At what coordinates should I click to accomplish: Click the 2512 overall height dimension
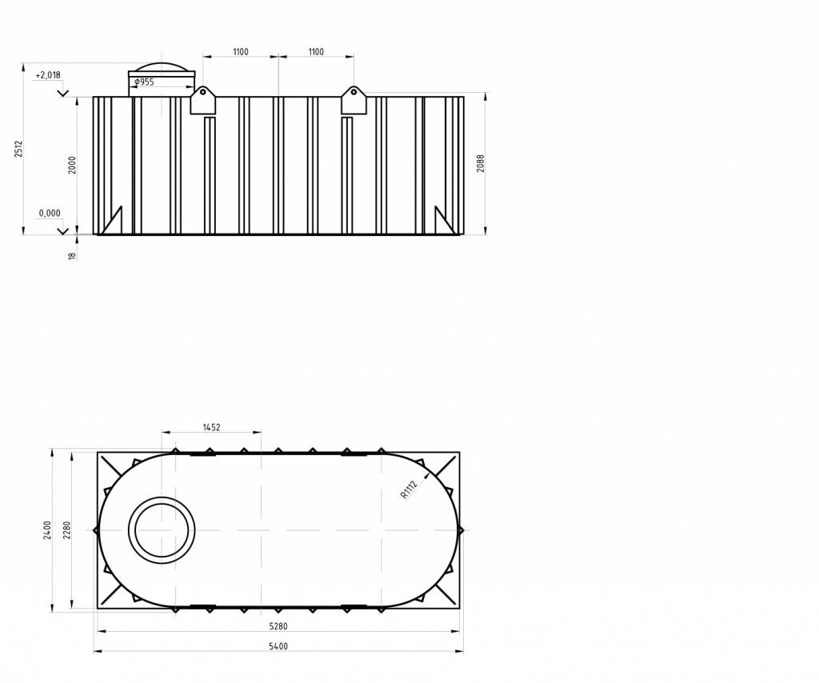coord(19,148)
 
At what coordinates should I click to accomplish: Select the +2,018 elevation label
coord(47,75)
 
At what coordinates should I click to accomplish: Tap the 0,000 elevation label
coord(50,213)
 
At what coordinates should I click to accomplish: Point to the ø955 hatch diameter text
coord(144,82)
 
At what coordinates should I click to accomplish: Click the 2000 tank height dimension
coord(73,165)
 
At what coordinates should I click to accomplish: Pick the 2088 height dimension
coord(481,163)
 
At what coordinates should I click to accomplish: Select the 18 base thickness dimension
coord(72,256)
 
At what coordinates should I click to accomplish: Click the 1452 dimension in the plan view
coord(211,427)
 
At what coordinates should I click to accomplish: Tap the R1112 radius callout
coord(409,489)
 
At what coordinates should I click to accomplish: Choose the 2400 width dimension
coord(47,530)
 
